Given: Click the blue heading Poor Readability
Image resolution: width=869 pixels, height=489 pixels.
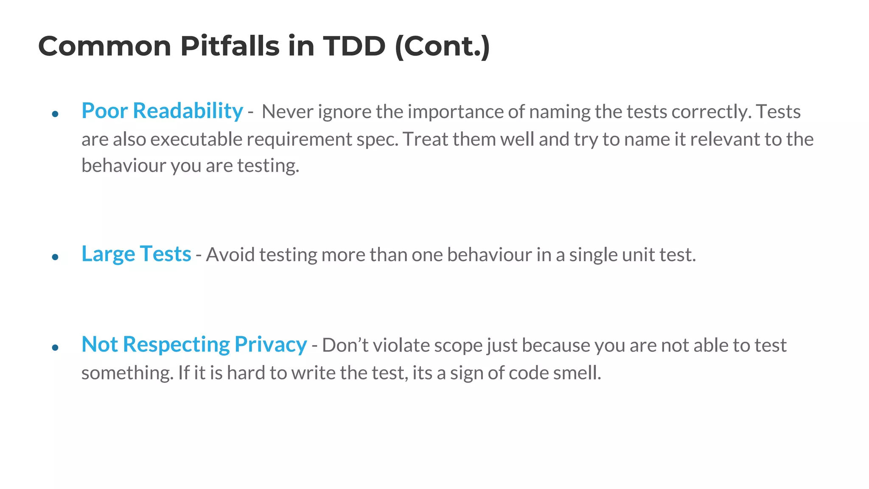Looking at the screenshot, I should click(x=162, y=111).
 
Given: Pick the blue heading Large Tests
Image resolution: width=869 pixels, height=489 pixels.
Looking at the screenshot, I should click(x=136, y=254).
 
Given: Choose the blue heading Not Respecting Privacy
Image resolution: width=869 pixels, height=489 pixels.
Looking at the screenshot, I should click(x=194, y=344).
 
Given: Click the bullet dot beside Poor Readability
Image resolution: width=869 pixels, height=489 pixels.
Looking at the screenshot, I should click(x=55, y=114).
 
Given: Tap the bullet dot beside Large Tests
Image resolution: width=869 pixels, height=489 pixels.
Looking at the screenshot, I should click(x=55, y=257).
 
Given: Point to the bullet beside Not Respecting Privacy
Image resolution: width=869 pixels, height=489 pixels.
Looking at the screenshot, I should click(x=55, y=348).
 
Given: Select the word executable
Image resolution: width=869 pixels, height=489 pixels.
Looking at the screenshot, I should click(x=196, y=140).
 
